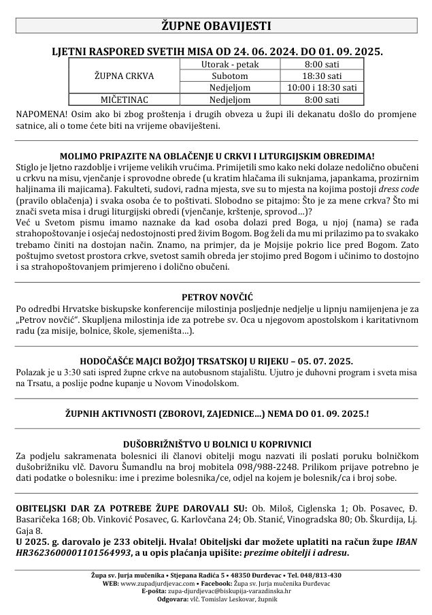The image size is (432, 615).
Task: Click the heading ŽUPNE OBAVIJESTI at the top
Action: pos(216,26)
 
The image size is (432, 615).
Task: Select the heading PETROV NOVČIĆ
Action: pos(216,297)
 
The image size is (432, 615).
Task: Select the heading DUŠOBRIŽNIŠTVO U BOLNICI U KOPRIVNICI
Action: pos(216,439)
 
